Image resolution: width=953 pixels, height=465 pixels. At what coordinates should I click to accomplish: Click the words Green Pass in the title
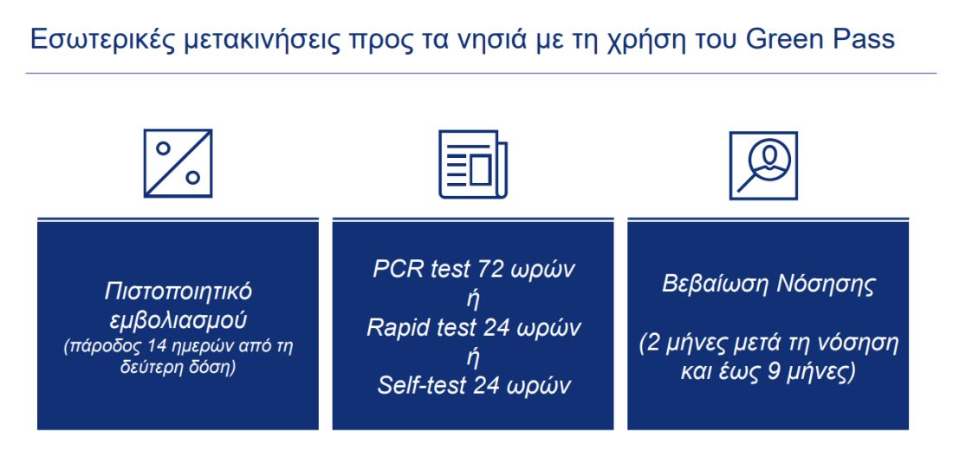[x=820, y=39]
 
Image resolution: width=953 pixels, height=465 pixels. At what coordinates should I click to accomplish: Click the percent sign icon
[x=178, y=163]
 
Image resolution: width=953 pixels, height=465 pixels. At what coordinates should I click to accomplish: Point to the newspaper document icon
[x=473, y=164]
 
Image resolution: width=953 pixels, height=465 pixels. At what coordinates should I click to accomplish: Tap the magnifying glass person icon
[x=763, y=166]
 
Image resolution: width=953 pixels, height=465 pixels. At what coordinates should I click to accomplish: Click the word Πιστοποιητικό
[x=178, y=292]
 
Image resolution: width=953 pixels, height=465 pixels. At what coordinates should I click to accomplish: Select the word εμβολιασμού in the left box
[x=178, y=320]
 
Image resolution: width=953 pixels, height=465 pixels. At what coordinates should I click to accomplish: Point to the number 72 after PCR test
[x=492, y=270]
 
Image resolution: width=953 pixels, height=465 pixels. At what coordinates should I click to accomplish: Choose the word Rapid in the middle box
[x=394, y=329]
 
